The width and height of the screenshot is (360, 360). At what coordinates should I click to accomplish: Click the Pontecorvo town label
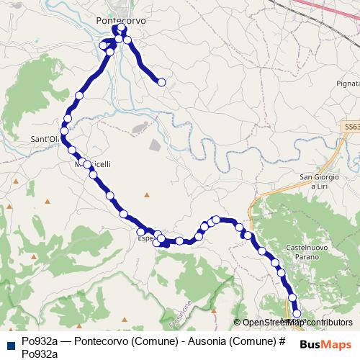coord(120,21)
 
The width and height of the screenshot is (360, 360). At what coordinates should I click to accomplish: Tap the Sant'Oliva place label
coord(43,140)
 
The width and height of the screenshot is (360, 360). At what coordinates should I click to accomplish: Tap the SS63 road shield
coord(350,125)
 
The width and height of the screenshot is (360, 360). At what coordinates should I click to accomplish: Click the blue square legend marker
coord(11,343)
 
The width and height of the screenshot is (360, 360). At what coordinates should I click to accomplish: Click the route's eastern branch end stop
coord(162,83)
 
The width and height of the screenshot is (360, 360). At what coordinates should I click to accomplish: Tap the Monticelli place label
coord(93,164)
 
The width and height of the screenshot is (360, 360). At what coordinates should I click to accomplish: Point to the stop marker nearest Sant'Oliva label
coord(64,132)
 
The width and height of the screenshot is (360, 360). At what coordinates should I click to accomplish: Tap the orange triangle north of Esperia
coord(146,194)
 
